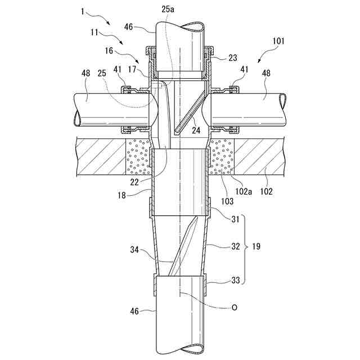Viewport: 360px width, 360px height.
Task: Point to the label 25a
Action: pos(168,10)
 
